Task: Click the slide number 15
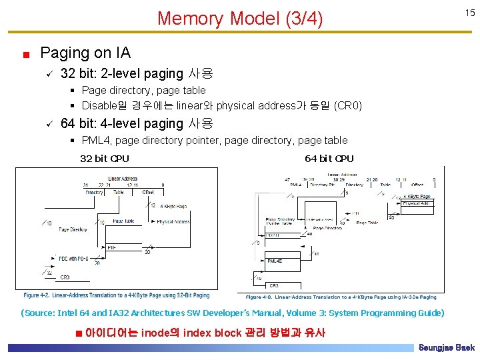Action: (469, 13)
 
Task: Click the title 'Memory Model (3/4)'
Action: (239, 18)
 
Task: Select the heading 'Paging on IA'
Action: (85, 53)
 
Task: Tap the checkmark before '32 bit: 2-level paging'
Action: (49, 73)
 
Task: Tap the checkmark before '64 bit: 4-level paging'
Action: (49, 123)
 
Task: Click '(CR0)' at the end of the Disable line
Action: (347, 105)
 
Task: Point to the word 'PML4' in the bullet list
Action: (95, 140)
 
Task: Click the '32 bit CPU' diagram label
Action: (104, 159)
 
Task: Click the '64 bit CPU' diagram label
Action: (329, 159)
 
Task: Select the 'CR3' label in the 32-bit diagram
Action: (65, 277)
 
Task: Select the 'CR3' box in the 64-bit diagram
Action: (274, 285)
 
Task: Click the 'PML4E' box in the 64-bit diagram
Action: (275, 261)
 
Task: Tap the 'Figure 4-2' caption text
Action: (117, 295)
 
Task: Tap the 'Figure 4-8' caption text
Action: (341, 297)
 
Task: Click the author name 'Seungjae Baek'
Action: (446, 348)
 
